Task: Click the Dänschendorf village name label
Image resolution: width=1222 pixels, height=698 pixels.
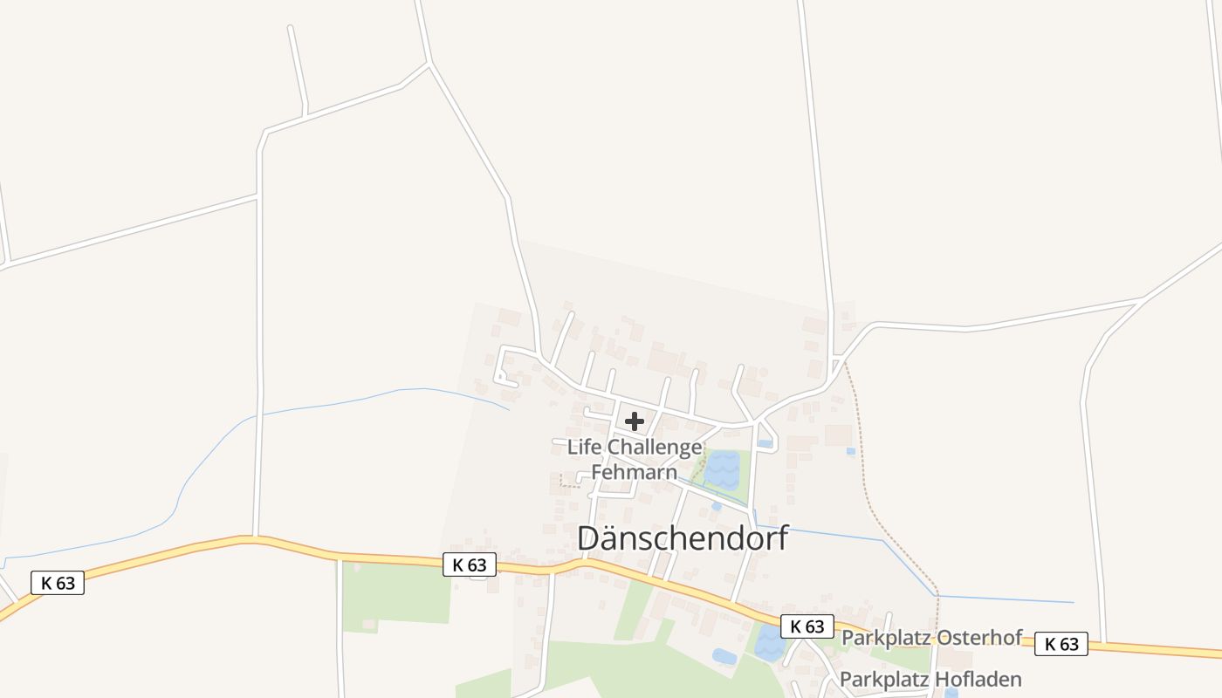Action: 683,538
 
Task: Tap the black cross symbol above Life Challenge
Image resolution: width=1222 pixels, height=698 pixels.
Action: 635,421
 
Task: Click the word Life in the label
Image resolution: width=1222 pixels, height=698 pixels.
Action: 585,448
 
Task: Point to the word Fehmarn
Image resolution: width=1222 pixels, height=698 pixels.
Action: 635,472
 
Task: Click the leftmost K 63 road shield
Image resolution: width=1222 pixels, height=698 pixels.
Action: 58,583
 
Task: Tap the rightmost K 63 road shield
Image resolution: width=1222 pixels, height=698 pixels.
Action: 1061,644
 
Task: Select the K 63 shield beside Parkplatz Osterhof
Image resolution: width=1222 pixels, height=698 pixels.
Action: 807,626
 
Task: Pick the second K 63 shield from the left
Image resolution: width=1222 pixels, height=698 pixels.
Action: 470,565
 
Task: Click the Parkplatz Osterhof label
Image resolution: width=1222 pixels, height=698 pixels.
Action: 930,638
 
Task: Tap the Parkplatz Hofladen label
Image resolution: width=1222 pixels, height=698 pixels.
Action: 930,679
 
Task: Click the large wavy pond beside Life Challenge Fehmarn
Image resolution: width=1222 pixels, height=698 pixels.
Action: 723,469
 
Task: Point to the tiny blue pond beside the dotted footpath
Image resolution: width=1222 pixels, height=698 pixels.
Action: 850,451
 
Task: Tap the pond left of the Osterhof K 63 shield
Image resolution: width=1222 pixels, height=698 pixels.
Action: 769,644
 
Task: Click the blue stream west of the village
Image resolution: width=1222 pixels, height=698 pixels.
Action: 349,402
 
